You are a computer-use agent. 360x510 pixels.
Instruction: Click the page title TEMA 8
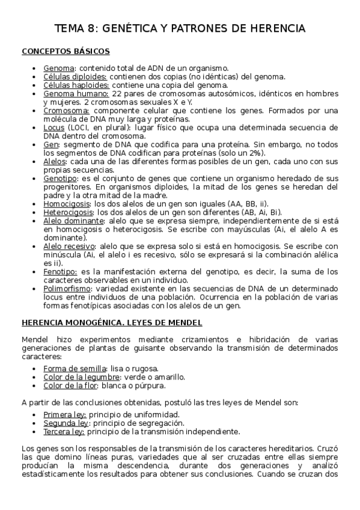pyautogui.click(x=180, y=28)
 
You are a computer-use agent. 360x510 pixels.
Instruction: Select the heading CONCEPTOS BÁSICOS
pyautogui.click(x=66, y=51)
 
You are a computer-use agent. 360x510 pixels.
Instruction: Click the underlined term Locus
pyautogui.click(x=54, y=128)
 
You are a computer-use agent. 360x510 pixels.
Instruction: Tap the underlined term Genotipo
pyautogui.click(x=60, y=179)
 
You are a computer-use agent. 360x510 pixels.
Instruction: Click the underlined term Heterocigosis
pyautogui.click(x=68, y=212)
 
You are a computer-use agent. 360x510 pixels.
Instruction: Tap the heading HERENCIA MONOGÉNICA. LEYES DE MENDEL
pyautogui.click(x=112, y=322)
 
